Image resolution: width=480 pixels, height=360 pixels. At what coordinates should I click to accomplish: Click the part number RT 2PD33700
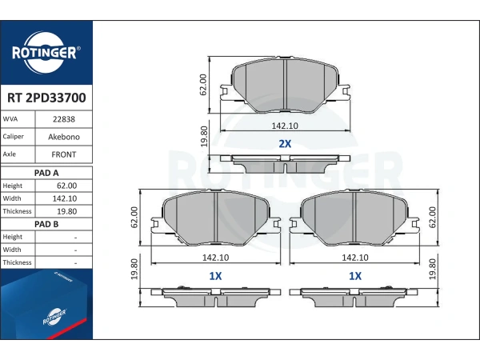coord(46,98)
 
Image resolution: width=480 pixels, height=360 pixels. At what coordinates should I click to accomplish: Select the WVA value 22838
coord(64,119)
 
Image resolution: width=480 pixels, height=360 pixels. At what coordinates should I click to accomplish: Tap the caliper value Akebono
coord(64,137)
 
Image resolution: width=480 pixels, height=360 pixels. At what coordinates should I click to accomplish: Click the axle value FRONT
coord(64,154)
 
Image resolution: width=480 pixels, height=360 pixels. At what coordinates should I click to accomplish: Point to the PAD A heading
coord(46,173)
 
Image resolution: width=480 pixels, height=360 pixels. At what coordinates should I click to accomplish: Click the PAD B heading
coord(46,224)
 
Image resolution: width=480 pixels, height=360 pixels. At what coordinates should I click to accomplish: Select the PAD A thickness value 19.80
coord(66,211)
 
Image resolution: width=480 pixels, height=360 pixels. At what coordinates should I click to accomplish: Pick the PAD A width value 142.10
coord(65,198)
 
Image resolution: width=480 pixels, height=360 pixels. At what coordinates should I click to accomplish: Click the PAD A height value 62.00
coord(66,186)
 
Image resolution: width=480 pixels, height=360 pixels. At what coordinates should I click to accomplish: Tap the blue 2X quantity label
coord(285,143)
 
